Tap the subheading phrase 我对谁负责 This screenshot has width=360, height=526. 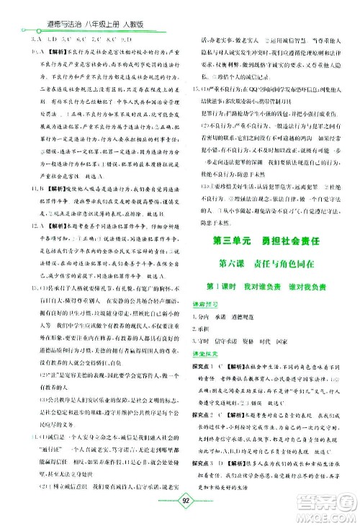pyautogui.click(x=255, y=307)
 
